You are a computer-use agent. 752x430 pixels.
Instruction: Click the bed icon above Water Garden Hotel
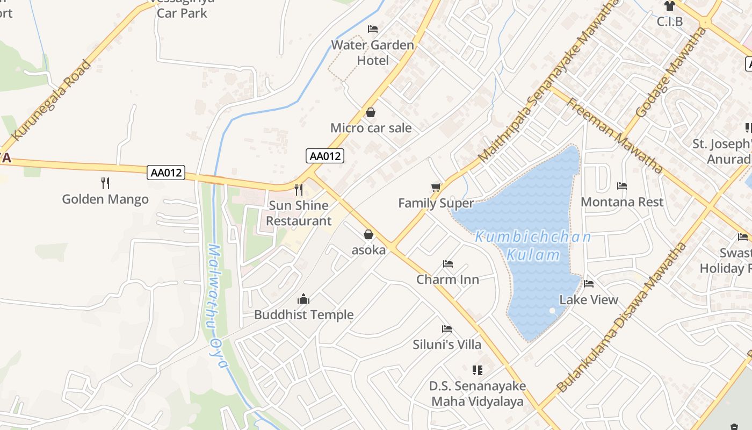point(373,29)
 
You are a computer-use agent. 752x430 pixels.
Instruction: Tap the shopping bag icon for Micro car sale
point(370,112)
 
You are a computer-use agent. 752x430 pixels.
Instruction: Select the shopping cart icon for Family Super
point(436,187)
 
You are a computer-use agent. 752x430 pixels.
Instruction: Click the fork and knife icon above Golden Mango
point(105,183)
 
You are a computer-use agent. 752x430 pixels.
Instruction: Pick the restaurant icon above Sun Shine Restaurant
point(299,189)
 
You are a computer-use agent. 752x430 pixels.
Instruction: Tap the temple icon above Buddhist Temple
point(303,299)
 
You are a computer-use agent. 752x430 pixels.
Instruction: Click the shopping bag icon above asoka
point(368,234)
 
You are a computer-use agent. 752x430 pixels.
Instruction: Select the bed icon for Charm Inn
point(447,264)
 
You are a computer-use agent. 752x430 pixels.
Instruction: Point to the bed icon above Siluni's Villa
point(446,329)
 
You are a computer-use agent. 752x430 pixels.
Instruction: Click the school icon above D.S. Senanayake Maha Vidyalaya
point(477,370)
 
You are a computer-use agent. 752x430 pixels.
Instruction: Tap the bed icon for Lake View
point(589,284)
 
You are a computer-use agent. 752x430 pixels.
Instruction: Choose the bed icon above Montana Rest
point(622,186)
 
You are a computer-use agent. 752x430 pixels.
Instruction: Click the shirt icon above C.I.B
point(669,6)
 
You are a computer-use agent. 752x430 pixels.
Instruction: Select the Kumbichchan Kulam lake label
point(533,246)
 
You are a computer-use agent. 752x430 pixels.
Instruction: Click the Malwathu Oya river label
point(218,306)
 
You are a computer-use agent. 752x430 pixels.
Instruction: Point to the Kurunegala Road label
point(52,101)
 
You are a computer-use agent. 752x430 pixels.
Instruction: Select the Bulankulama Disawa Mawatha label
point(621,317)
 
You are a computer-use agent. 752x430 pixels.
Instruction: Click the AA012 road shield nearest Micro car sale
point(325,156)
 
